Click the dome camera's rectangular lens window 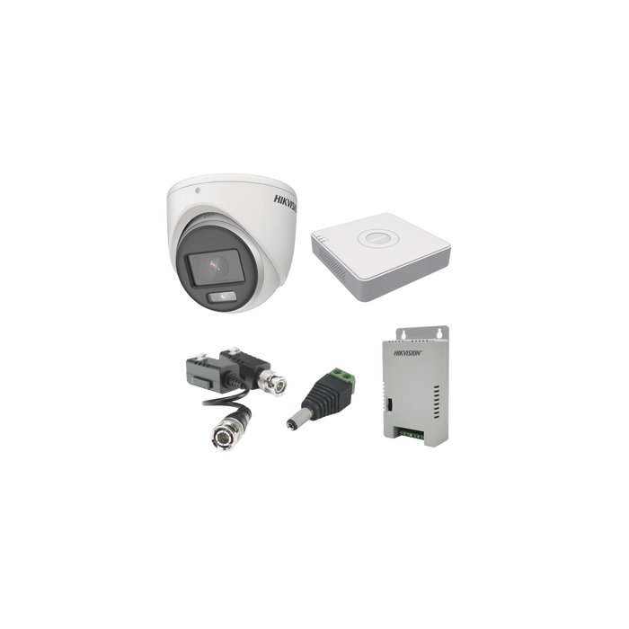pyautogui.click(x=215, y=267)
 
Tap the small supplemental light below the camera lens pyautogui.click(x=222, y=297)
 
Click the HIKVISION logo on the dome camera pyautogui.click(x=285, y=203)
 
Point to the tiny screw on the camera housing pyautogui.click(x=197, y=190)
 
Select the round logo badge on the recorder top pyautogui.click(x=378, y=238)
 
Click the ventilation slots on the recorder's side pyautogui.click(x=332, y=262)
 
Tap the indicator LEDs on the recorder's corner pyautogui.click(x=322, y=239)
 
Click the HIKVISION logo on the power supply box pyautogui.click(x=407, y=353)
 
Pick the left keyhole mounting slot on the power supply pyautogui.click(x=404, y=333)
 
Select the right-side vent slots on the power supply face pyautogui.click(x=437, y=403)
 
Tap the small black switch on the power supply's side pyautogui.click(x=388, y=404)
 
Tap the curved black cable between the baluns pyautogui.click(x=226, y=400)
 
